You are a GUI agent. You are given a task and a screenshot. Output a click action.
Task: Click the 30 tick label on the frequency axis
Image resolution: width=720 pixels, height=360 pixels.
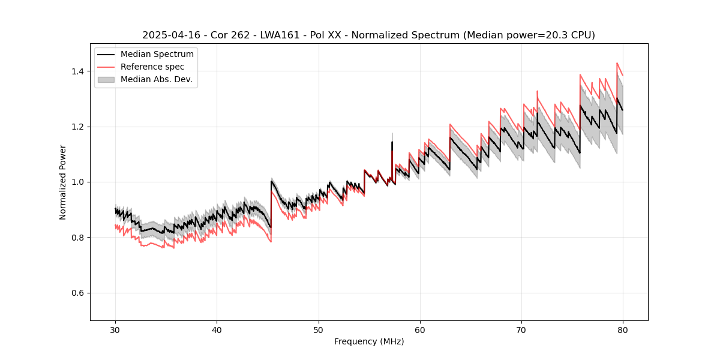coord(115,329)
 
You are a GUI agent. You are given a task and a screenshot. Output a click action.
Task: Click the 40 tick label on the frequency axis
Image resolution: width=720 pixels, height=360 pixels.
coord(217,329)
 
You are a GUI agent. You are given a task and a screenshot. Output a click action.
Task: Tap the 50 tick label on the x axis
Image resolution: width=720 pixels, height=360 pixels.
coord(318,329)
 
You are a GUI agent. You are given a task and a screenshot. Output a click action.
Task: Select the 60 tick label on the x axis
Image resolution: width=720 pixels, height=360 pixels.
coord(419,329)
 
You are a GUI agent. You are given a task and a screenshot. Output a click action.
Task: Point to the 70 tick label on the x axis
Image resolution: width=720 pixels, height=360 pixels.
coord(521,329)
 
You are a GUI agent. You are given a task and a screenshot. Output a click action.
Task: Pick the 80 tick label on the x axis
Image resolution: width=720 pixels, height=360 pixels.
coord(622,329)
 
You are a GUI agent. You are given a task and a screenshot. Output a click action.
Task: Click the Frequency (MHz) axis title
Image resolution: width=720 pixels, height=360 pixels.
coord(369,341)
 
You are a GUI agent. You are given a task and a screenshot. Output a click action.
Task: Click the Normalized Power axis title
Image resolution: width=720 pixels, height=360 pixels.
coord(63,182)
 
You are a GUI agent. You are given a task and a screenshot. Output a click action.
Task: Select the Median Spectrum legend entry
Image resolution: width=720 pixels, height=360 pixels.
coord(157,54)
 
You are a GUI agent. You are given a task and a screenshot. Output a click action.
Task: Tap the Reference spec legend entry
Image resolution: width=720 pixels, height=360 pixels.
coord(152,67)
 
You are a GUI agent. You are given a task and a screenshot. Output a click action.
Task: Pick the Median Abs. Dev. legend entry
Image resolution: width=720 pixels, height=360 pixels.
coord(156,79)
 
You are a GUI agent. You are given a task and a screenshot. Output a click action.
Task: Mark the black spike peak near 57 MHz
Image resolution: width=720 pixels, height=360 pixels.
coord(392,142)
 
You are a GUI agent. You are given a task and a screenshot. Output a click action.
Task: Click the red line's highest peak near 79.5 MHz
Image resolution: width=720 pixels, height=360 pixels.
coord(617,63)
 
